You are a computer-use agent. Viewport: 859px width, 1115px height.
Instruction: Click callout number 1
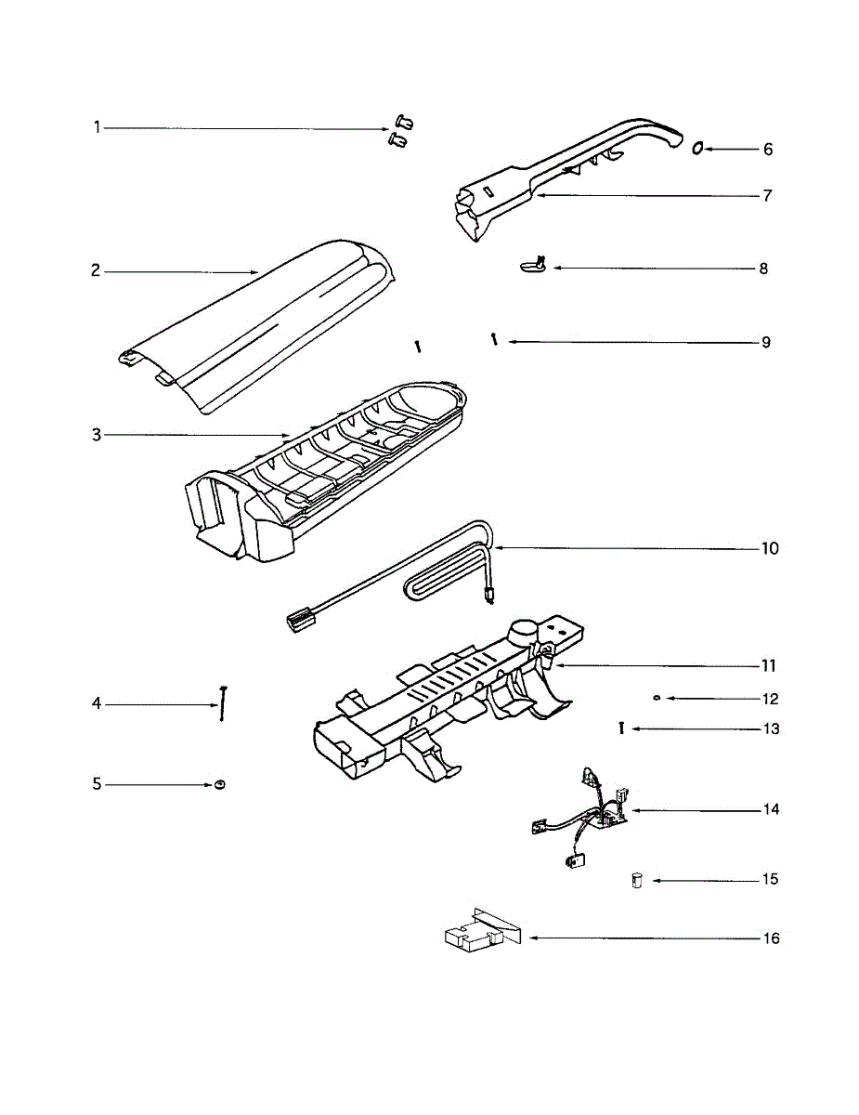tap(97, 127)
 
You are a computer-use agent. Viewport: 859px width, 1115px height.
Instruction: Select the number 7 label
tap(767, 196)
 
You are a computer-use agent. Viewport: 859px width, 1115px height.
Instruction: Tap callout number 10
tap(770, 548)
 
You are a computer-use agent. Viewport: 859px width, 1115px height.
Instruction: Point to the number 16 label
tap(771, 938)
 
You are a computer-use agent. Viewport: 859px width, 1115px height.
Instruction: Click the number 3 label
tap(97, 435)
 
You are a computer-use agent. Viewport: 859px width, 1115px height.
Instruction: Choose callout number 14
tap(771, 809)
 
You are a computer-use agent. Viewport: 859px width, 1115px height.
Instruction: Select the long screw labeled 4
tap(224, 702)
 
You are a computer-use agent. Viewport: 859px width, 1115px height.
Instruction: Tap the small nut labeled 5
tap(220, 785)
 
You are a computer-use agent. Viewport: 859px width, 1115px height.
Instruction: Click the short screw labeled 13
tap(619, 728)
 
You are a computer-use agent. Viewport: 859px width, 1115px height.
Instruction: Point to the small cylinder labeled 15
tap(637, 880)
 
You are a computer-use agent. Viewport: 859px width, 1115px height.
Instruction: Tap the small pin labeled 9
tap(495, 339)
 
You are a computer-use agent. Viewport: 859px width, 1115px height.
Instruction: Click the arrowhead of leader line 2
tap(259, 271)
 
